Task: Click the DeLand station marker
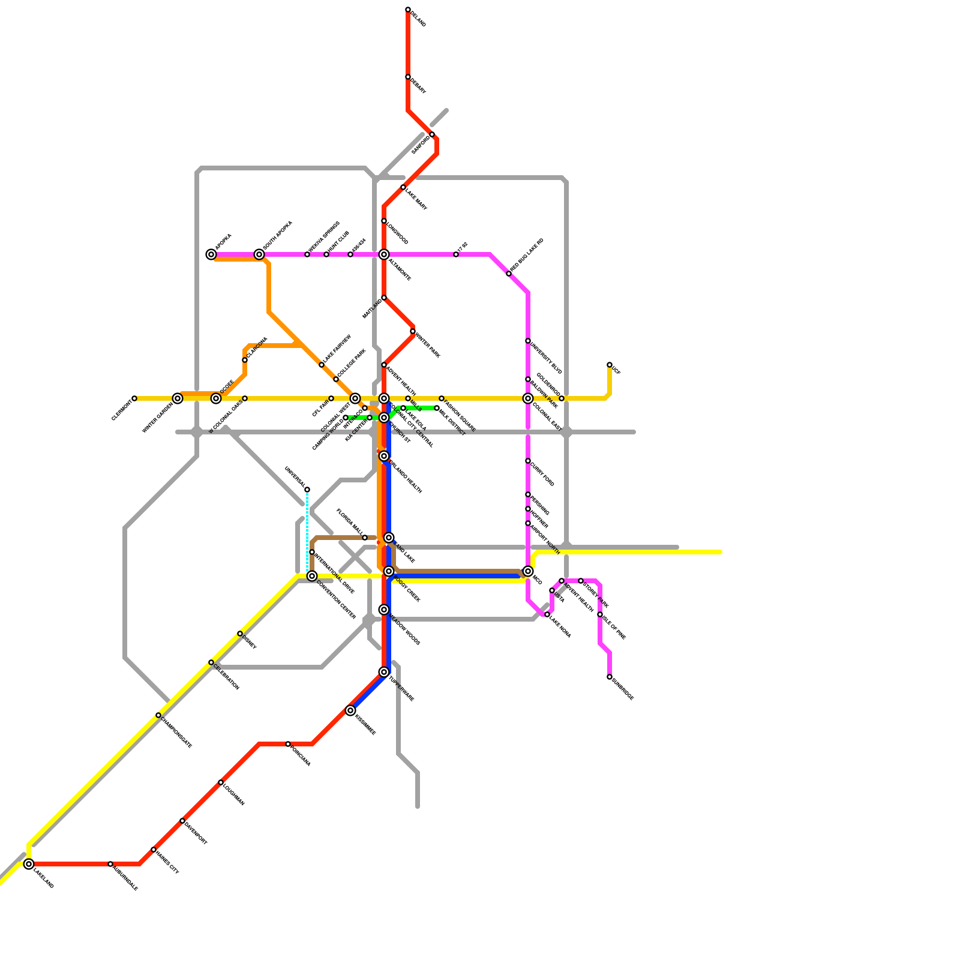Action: (408, 10)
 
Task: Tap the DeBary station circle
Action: (408, 77)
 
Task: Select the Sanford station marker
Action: (432, 134)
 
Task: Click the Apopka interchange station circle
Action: (211, 254)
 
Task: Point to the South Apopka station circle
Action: (259, 254)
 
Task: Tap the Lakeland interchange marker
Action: (29, 864)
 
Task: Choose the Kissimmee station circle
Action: (350, 710)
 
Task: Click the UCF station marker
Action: (610, 365)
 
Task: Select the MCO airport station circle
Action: (528, 571)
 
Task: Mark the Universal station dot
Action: (307, 490)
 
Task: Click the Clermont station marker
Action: (134, 398)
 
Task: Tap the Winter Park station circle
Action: (413, 331)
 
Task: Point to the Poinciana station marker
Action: (288, 744)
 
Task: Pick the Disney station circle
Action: (240, 634)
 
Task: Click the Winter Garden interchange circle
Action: (178, 398)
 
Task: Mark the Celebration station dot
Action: (211, 662)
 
